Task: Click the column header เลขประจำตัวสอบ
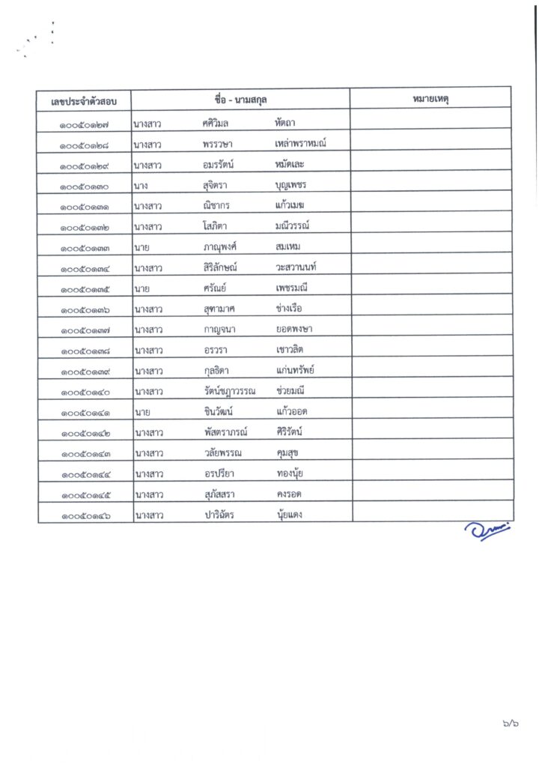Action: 85,99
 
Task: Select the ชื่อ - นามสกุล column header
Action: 240,99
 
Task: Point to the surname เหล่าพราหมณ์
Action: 301,143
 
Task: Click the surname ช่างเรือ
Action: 289,309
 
